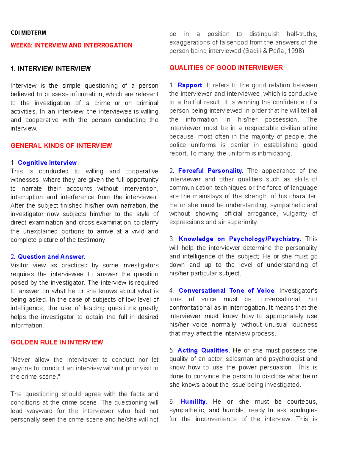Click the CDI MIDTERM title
point(28,33)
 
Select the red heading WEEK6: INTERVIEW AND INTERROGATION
point(71,45)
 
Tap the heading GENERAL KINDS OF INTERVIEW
point(61,146)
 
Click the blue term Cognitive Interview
point(47,163)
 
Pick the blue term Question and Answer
point(51,257)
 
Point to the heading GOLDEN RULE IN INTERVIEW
point(57,342)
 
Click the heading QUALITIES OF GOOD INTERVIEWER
point(226,68)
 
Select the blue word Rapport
point(190,85)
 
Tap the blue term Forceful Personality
point(211,171)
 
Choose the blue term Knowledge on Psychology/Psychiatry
point(239,239)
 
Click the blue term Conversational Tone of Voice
point(226,290)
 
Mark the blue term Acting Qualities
point(203,350)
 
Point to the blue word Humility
point(193,401)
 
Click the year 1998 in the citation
point(295,51)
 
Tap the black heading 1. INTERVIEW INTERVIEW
point(50,68)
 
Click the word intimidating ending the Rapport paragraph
point(274,154)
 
